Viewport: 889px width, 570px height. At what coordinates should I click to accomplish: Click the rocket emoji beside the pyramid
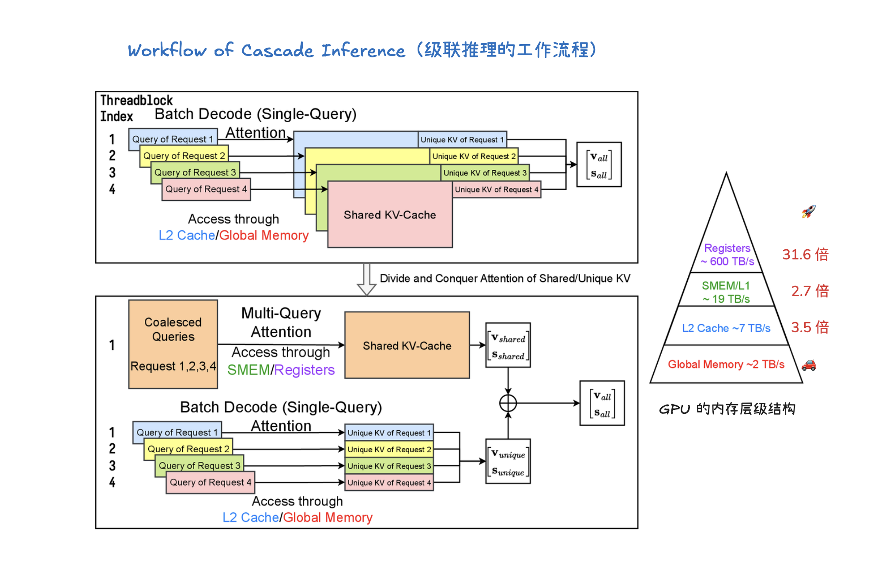[808, 211]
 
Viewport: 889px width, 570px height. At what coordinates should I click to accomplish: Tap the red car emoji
[808, 365]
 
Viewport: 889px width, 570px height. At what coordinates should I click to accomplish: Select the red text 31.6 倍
[805, 255]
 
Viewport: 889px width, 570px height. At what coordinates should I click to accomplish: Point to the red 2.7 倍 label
[810, 291]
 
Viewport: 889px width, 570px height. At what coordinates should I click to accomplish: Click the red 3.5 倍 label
[810, 327]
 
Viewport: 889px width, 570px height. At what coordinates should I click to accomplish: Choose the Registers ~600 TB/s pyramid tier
[727, 255]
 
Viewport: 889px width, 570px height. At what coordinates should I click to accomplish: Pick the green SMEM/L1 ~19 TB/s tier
[726, 292]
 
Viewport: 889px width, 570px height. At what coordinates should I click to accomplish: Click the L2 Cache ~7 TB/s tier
[726, 328]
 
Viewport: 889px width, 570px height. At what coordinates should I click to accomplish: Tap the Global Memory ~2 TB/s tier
[726, 364]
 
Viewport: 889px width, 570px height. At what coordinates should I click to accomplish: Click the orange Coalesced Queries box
[173, 344]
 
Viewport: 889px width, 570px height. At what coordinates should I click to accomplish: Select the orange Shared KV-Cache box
[407, 345]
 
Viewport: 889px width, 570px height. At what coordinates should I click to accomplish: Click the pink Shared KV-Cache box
[390, 215]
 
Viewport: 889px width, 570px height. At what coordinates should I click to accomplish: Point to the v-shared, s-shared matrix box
[508, 345]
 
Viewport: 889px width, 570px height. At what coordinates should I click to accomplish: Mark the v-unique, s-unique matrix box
[508, 461]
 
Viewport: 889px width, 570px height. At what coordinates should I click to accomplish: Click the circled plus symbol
[508, 403]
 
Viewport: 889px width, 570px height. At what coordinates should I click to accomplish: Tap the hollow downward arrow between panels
[366, 279]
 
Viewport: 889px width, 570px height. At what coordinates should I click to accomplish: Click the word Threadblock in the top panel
[136, 100]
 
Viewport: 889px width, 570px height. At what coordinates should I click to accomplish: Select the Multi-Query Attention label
[281, 322]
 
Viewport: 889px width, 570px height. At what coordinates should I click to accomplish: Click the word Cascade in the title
[277, 50]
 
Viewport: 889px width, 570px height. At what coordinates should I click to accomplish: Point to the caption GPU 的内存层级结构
[727, 409]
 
